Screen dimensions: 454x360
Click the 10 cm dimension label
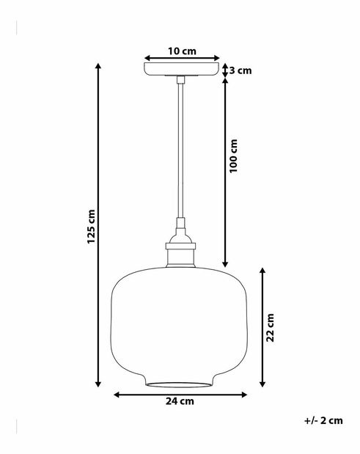tap(182, 51)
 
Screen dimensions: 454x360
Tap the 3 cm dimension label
tap(240, 70)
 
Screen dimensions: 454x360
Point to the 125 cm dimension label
tap(92, 226)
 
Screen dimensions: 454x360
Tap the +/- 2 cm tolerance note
tap(323, 421)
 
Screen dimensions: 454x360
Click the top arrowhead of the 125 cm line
tap(99, 67)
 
